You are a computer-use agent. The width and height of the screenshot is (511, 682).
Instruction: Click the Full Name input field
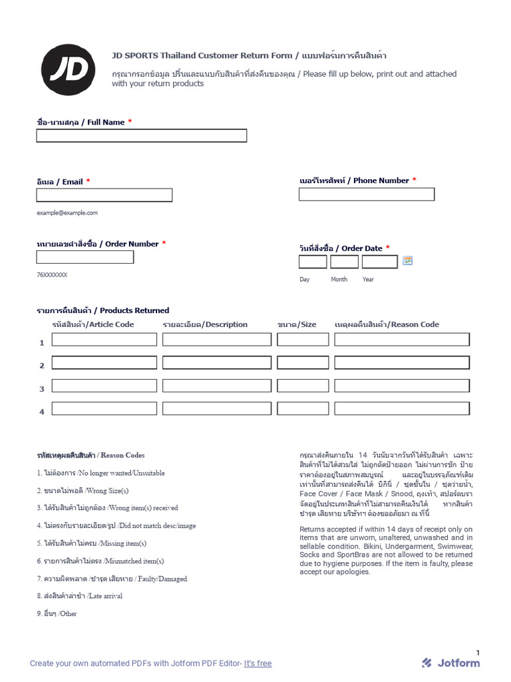coord(141,136)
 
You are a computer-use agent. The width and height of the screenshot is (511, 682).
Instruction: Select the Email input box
coord(104,195)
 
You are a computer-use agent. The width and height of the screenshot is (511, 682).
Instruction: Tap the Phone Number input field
coord(366,194)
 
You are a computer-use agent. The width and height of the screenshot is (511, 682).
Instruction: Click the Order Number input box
coord(85,257)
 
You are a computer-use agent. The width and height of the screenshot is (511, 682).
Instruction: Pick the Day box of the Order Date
coord(313,262)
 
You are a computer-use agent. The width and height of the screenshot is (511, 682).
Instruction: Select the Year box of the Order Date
coord(379,262)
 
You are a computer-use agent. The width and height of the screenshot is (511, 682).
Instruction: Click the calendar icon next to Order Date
coord(408,260)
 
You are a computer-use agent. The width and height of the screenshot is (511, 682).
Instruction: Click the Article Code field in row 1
coord(104,340)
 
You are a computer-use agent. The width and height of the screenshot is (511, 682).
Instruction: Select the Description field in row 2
coord(217,363)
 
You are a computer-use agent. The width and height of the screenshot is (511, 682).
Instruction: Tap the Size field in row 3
coord(303,386)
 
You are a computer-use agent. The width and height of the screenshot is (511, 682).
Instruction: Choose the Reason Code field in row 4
coord(402,408)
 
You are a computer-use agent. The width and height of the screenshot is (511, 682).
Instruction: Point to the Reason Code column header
coord(387,324)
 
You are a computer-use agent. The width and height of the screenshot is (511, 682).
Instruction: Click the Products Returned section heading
coord(102,310)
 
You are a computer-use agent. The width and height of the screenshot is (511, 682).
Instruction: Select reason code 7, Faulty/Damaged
coord(112,579)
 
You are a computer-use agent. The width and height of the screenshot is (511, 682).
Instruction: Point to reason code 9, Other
coord(57,613)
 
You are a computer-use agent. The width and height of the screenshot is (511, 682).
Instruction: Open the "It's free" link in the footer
coord(257,663)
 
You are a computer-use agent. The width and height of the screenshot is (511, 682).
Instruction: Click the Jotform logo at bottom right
coord(450,663)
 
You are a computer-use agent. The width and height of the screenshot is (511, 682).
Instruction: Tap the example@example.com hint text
coord(67,213)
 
